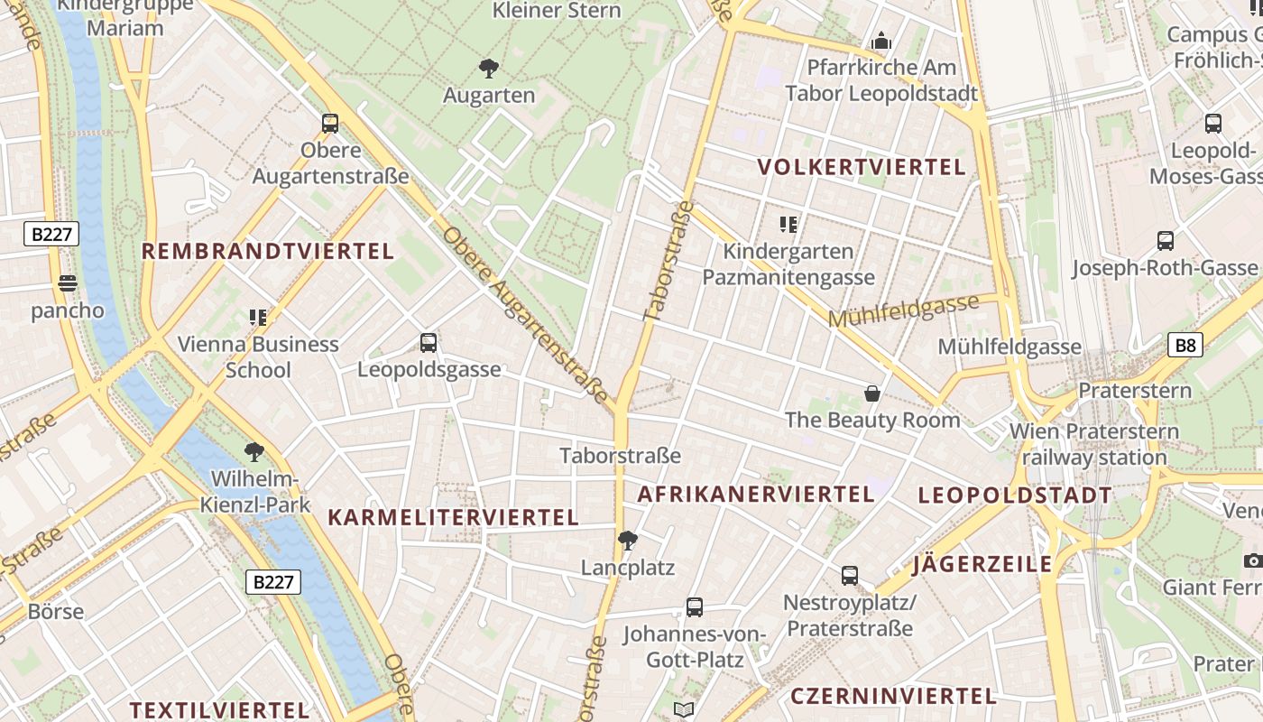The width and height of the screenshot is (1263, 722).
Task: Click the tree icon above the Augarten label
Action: [489, 68]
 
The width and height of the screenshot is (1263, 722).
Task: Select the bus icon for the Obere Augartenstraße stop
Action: [330, 124]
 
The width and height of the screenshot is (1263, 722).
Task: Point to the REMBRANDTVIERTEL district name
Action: [268, 251]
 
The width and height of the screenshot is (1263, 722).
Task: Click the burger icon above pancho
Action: [68, 283]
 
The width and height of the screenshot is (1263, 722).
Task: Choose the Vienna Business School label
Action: [258, 356]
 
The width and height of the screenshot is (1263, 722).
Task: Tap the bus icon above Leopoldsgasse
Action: [429, 343]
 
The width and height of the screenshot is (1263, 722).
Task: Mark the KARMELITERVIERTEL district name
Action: [453, 517]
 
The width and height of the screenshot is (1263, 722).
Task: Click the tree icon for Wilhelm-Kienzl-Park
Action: [254, 451]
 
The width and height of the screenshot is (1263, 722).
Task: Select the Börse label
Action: [56, 611]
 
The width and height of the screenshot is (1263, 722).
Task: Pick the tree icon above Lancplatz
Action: [628, 541]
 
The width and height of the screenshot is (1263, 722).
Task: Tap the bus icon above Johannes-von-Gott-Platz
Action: [695, 607]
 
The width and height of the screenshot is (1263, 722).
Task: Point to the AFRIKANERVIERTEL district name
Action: [756, 494]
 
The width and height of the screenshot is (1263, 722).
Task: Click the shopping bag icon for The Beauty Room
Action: [872, 393]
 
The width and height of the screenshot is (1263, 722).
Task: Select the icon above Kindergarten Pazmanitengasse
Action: [788, 224]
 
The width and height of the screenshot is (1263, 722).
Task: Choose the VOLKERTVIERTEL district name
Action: [862, 167]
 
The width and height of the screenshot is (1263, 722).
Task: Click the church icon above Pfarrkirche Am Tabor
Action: [881, 42]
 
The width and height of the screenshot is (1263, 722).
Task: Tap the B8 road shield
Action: [1185, 345]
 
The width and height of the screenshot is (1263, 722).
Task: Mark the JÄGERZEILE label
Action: [982, 565]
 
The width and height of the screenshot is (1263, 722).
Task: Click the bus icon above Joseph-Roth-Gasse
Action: [1166, 241]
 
